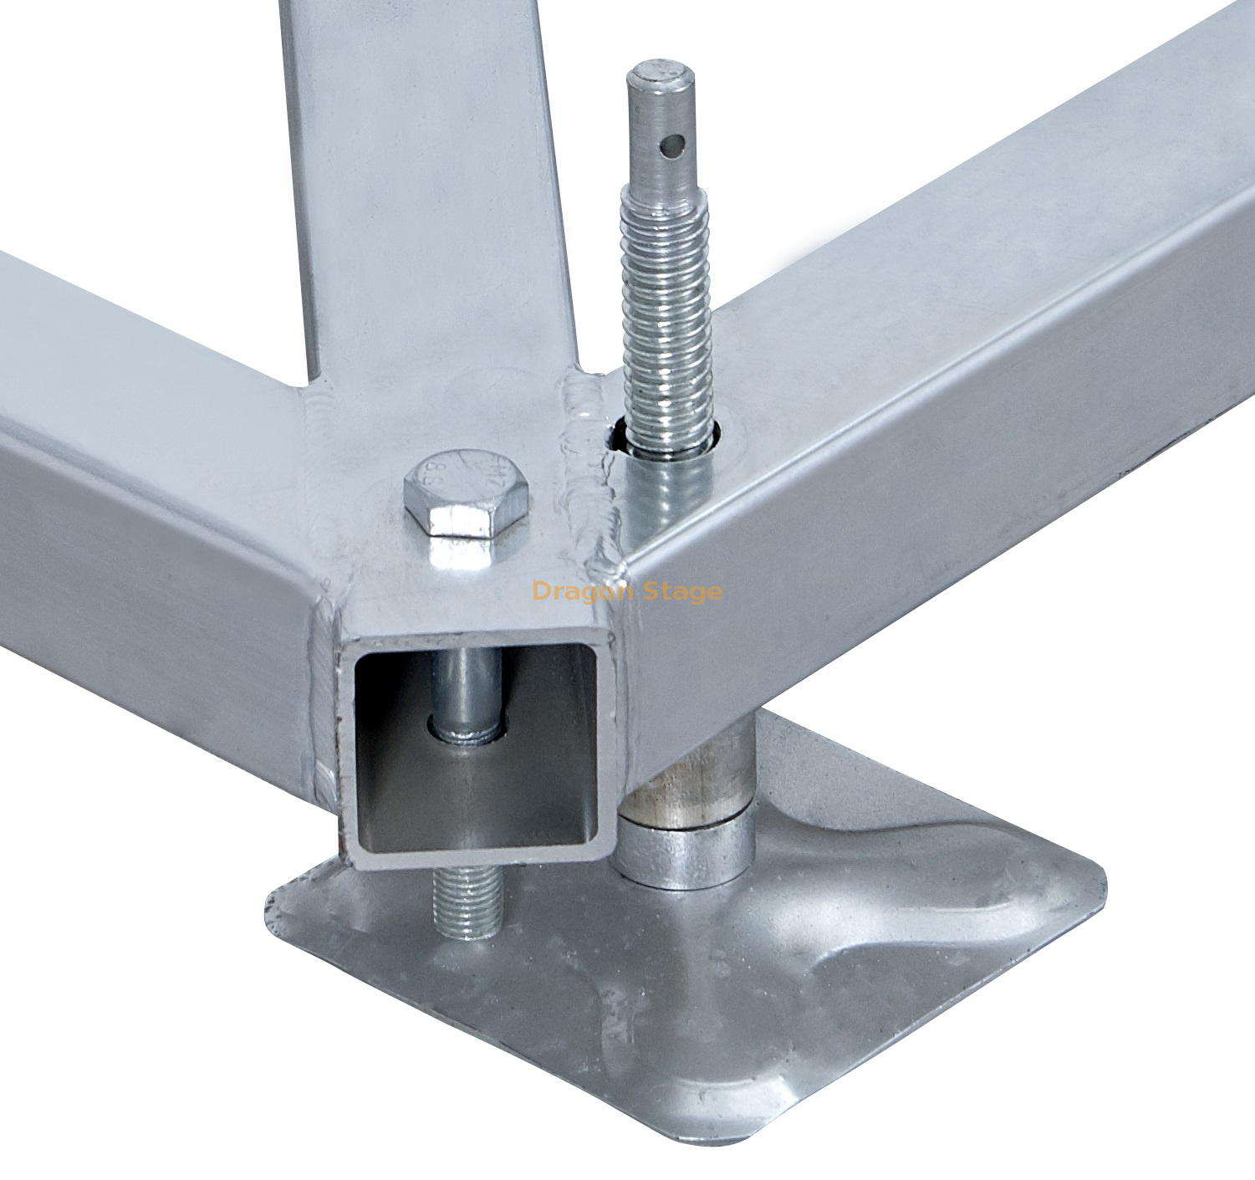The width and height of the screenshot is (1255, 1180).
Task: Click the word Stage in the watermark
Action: tap(680, 592)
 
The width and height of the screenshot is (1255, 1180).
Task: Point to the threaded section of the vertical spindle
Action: tap(666, 318)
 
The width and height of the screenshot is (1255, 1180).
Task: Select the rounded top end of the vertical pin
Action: tap(661, 75)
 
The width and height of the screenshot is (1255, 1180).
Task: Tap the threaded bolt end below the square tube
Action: tap(466, 903)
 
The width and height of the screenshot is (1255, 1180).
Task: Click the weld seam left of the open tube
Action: tap(324, 711)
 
